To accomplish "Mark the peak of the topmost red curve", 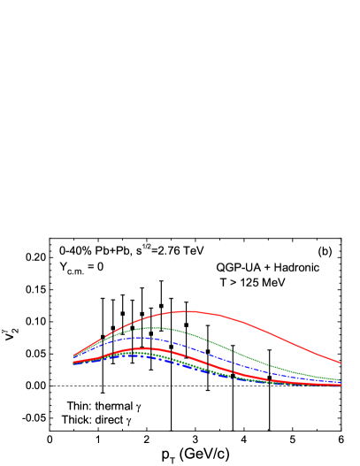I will (188, 311).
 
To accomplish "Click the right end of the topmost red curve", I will (341, 363).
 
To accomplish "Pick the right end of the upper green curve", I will (341, 379).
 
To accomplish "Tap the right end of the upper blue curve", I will (341, 382).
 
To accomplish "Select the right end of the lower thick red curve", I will (341, 385).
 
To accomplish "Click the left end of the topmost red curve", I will (73, 355).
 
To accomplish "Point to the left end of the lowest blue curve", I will (73, 363).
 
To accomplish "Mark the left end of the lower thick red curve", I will (73, 362).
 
